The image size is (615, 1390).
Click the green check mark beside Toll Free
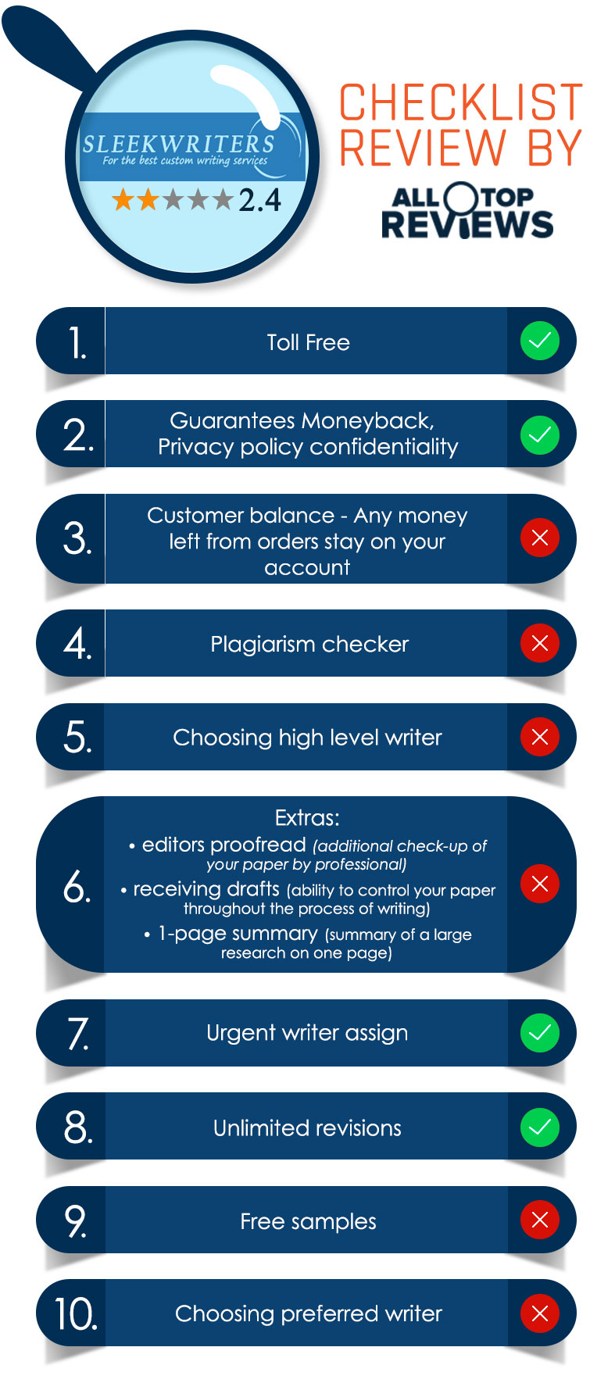[x=540, y=341]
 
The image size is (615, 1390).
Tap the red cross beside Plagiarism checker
[x=540, y=643]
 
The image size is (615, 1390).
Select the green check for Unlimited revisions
[x=540, y=1127]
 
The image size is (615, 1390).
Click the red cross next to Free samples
[x=540, y=1220]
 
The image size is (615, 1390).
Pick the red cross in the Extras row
[x=540, y=884]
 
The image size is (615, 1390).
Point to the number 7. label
[x=78, y=1033]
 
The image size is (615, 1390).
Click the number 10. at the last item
[x=76, y=1314]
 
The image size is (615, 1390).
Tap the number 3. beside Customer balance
[x=77, y=538]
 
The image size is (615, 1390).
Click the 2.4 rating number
[x=259, y=200]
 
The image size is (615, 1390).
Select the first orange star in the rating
[x=123, y=200]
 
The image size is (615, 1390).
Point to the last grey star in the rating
[x=223, y=200]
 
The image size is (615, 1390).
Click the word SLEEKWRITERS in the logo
[x=179, y=144]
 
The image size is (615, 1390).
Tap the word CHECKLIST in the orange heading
[x=461, y=103]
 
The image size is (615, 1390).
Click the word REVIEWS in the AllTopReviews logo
[x=467, y=224]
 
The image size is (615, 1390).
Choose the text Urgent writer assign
[x=307, y=1033]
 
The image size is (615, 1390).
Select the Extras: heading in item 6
[x=307, y=818]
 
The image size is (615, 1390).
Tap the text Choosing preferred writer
[x=309, y=1313]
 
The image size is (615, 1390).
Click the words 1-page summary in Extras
[x=238, y=934]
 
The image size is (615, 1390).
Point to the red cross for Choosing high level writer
[x=540, y=737]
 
